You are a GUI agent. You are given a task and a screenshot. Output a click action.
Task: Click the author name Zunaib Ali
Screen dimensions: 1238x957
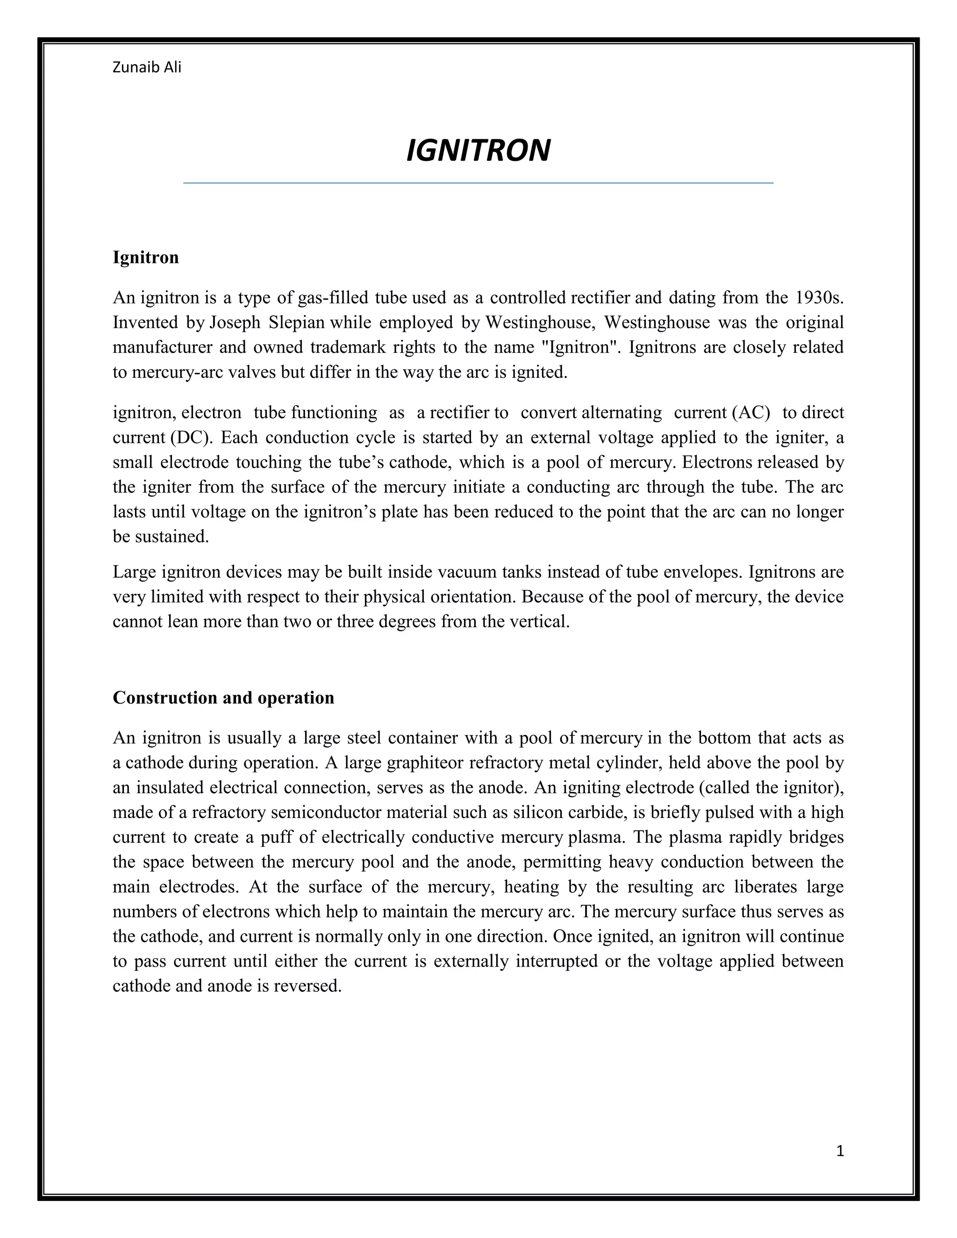147,67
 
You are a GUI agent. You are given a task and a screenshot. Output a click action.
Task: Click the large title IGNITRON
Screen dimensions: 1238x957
478,151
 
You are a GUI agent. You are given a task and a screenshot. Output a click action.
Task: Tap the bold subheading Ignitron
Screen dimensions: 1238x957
146,257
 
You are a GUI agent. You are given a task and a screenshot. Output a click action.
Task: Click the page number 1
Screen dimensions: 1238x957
840,1151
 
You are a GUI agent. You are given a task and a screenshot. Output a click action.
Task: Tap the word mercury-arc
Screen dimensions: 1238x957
178,372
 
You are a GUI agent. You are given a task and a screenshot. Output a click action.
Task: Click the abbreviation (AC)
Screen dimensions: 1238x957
751,413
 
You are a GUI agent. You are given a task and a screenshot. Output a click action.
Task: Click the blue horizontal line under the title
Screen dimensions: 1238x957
478,183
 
